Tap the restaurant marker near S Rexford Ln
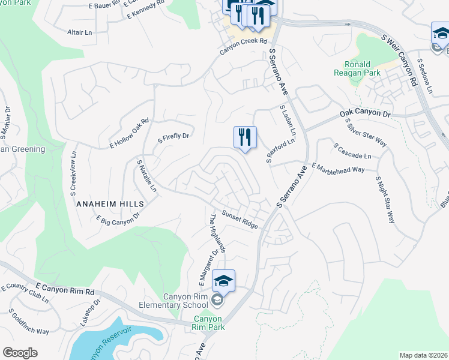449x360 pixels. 245,138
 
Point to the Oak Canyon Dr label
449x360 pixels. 365,113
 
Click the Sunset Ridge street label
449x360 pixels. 240,220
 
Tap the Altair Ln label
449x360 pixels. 80,31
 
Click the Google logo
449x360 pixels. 20,353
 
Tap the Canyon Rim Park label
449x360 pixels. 208,323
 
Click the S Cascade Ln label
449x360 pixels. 352,151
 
